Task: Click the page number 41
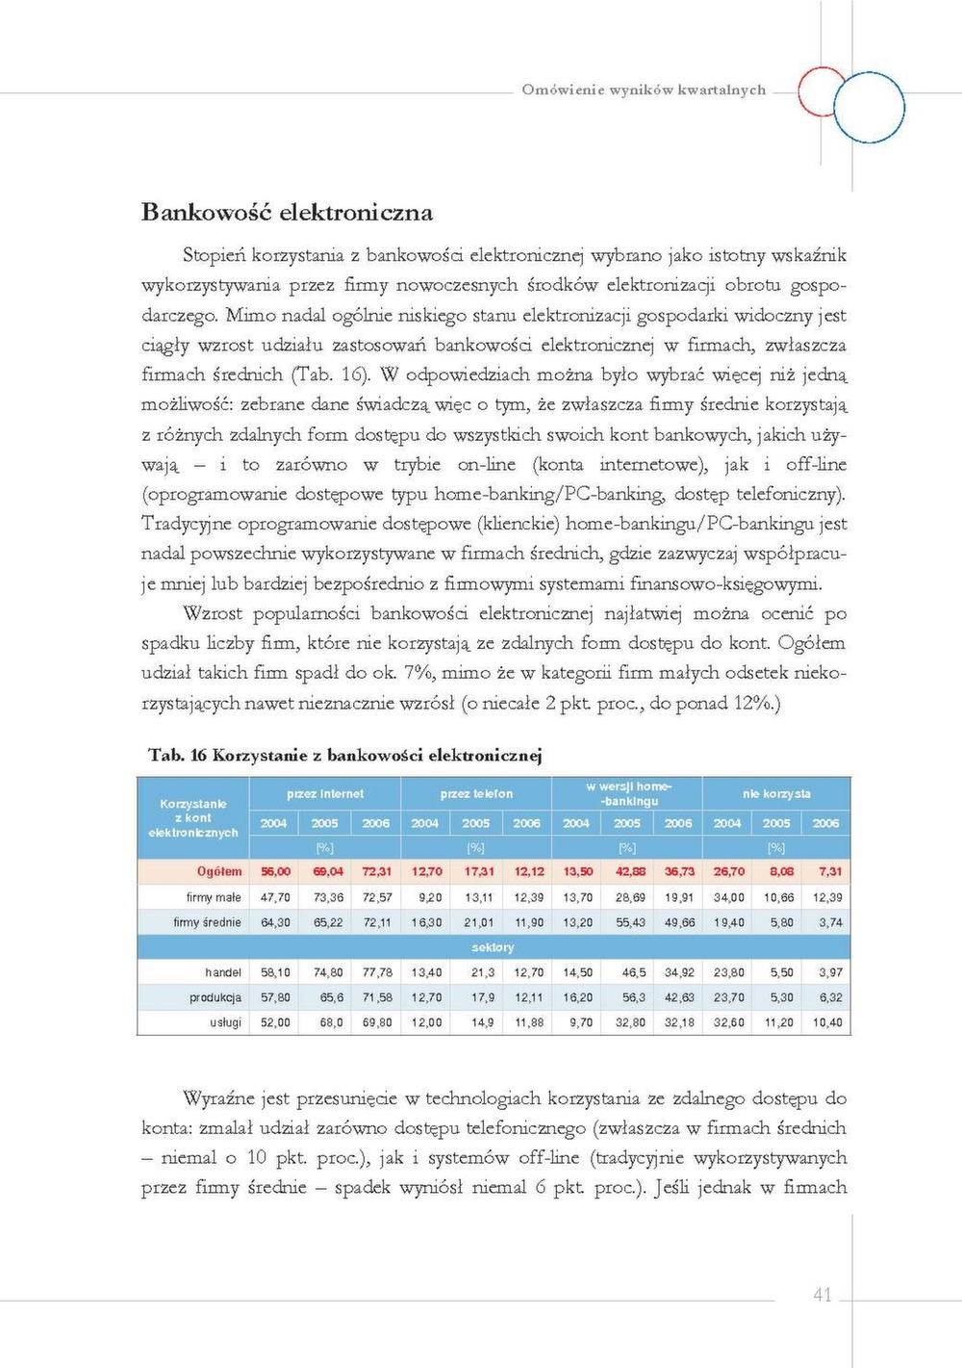822,1295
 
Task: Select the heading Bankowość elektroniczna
287,212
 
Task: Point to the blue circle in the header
870,109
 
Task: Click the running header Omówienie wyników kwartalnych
644,90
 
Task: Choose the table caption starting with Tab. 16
344,755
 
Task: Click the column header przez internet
325,794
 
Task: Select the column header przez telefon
476,794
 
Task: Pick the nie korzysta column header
776,794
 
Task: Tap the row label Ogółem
219,871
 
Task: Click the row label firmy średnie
207,922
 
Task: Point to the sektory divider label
493,947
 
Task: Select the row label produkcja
215,997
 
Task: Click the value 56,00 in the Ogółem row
275,871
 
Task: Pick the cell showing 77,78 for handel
377,972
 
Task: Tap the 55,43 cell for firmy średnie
630,922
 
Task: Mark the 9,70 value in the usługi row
580,1022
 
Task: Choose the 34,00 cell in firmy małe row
728,897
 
